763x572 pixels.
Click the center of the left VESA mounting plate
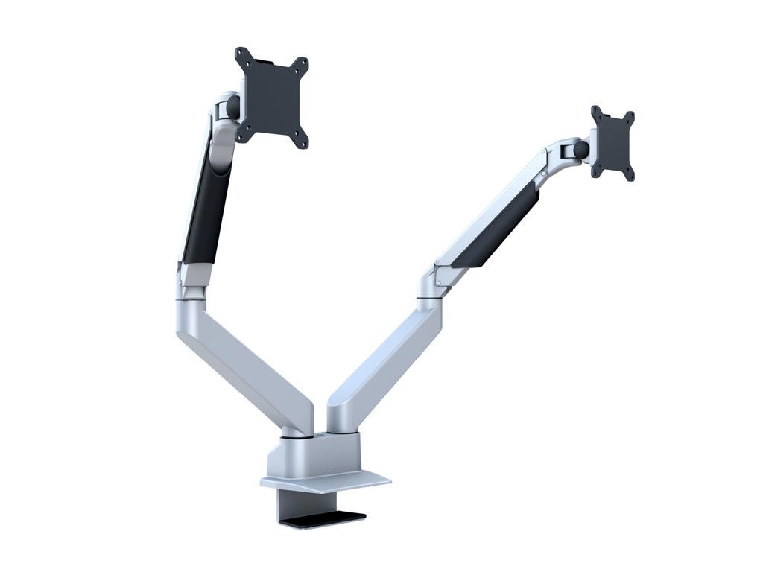pos(272,98)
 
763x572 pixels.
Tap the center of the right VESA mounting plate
pos(612,143)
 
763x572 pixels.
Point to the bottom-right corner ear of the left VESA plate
pos(300,142)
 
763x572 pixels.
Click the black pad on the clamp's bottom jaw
pos(328,515)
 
